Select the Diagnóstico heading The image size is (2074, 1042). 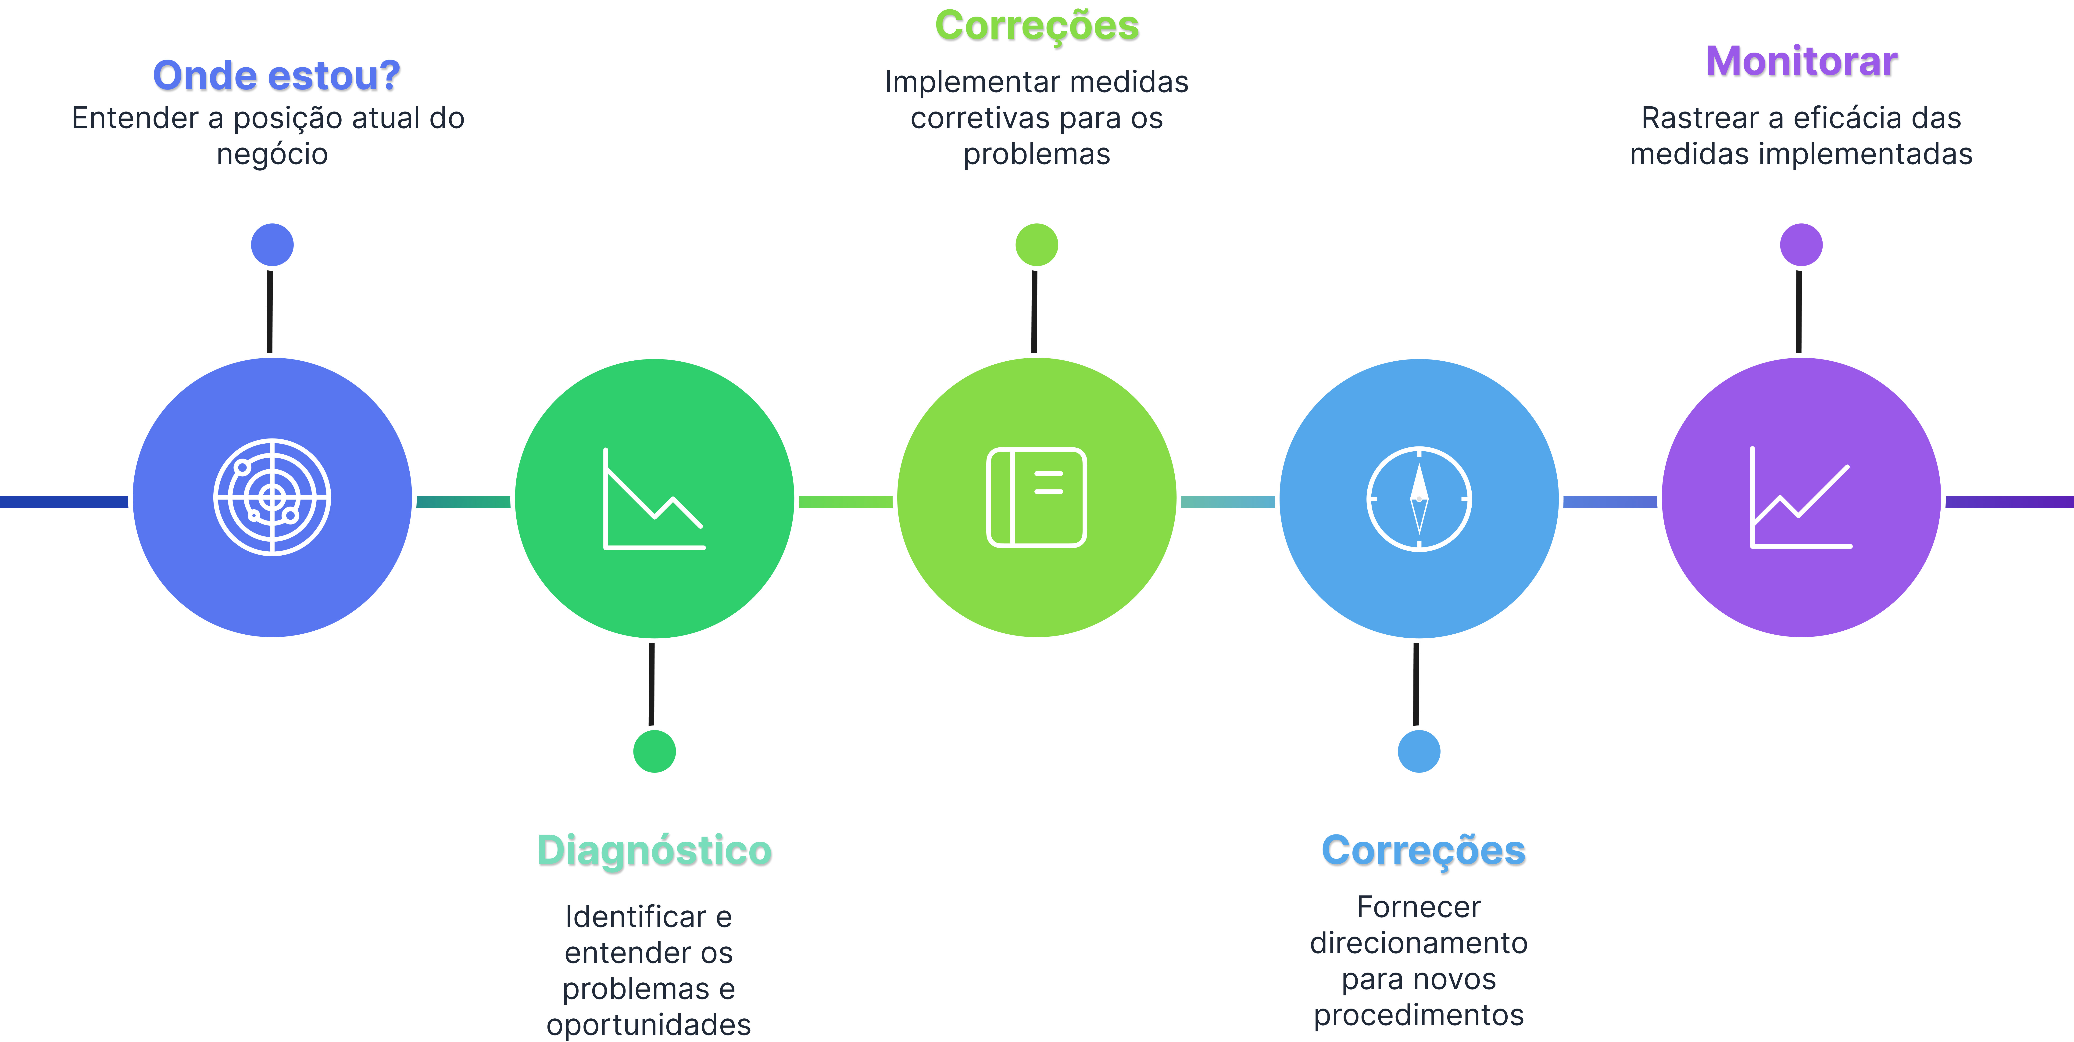pyautogui.click(x=654, y=850)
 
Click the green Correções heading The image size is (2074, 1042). pyautogui.click(x=1037, y=26)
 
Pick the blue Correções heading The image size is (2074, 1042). pyautogui.click(x=1423, y=850)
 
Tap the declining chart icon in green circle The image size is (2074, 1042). pyautogui.click(x=654, y=499)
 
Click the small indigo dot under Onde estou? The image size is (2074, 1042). pyautogui.click(x=272, y=245)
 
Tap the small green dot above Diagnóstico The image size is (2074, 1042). pyautogui.click(x=654, y=751)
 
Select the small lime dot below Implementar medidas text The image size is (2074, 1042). pyautogui.click(x=1037, y=245)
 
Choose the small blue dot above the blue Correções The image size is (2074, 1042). pyautogui.click(x=1419, y=751)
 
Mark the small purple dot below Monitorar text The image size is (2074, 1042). pyautogui.click(x=1801, y=245)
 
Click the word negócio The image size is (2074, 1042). pyautogui.click(x=272, y=154)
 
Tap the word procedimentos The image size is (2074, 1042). pyautogui.click(x=1419, y=1015)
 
